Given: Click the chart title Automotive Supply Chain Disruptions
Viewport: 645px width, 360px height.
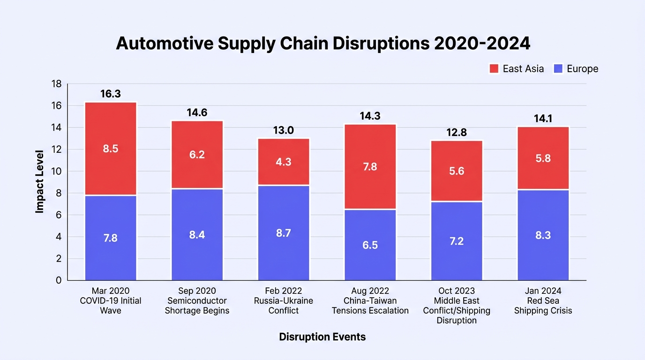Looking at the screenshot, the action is click(273, 44).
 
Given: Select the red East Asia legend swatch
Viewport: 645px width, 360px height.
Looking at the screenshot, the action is click(494, 69).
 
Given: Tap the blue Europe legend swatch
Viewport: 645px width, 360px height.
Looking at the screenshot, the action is click(558, 69).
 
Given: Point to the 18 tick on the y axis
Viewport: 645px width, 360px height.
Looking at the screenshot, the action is click(56, 84).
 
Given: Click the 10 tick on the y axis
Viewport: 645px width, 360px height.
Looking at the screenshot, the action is click(56, 172).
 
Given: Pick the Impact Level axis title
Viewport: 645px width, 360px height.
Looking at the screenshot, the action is click(39, 182).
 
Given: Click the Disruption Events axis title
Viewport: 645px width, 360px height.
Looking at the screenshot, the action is click(322, 337).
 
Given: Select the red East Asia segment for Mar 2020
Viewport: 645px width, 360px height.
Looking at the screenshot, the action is click(111, 149).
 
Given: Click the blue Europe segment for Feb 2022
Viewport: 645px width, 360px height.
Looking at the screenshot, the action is click(284, 233).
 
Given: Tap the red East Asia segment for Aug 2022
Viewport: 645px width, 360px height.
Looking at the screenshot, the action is click(370, 167).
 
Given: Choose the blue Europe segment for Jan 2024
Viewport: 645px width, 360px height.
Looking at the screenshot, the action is click(543, 235).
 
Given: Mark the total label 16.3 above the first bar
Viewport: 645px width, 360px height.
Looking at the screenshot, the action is click(111, 94).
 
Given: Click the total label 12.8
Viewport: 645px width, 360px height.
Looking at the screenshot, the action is click(457, 132).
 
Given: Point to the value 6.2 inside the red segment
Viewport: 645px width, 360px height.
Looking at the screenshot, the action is click(197, 155).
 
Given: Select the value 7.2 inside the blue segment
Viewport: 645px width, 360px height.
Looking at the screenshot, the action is click(457, 241).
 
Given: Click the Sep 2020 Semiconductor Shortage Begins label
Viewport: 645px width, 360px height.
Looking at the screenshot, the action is click(197, 300).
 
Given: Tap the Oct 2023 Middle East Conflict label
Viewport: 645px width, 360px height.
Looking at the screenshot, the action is click(457, 306).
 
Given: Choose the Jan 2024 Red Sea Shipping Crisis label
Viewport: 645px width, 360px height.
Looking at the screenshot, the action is click(543, 300).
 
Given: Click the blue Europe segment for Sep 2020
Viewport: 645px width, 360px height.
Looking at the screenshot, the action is click(197, 235).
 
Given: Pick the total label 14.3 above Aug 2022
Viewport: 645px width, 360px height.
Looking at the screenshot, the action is click(370, 116).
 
